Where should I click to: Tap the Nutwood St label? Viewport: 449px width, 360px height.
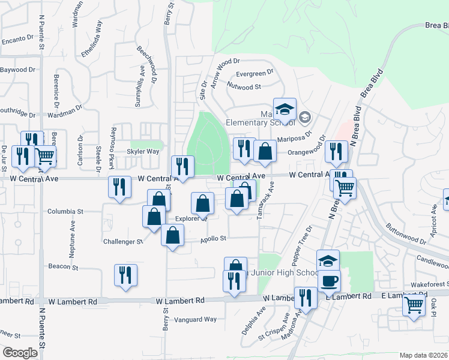[x=244, y=86]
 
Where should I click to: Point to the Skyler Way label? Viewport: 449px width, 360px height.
[x=142, y=152]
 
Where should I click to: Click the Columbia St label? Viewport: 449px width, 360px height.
[x=65, y=212]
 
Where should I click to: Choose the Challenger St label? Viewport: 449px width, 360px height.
[x=123, y=242]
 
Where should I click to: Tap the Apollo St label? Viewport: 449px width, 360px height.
[x=213, y=238]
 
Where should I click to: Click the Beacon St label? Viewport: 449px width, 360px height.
[x=59, y=266]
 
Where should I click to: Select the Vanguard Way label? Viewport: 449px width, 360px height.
[x=196, y=319]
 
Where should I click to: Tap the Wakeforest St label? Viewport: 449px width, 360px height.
[x=428, y=284]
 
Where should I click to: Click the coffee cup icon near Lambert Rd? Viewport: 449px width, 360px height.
[x=328, y=280]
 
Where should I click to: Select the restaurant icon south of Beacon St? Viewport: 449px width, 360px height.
[x=125, y=275]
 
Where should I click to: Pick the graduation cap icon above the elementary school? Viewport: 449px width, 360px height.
[x=285, y=109]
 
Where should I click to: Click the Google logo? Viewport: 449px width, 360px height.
[x=20, y=353]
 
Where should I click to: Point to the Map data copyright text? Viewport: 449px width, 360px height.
[x=424, y=355]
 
